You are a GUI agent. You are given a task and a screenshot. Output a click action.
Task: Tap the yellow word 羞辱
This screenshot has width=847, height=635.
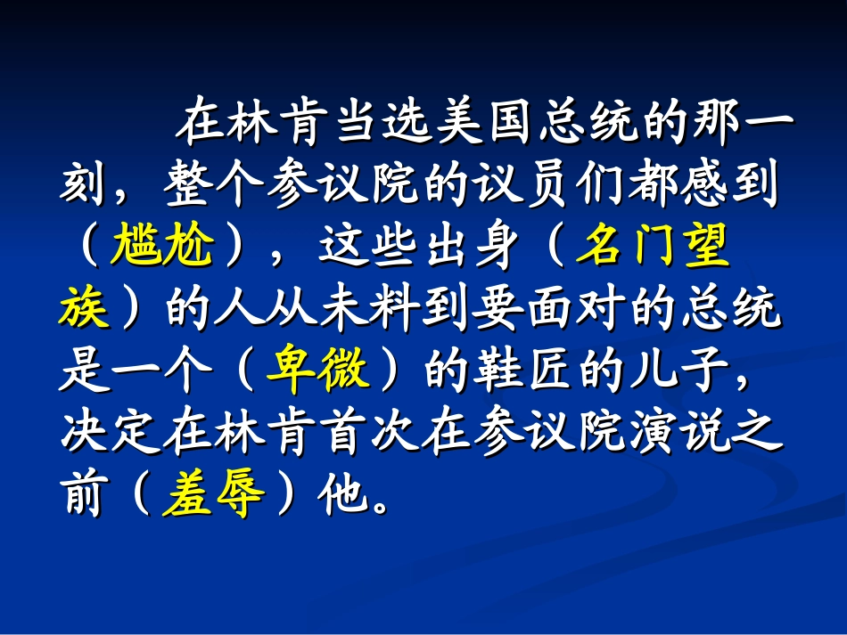[214, 497]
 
